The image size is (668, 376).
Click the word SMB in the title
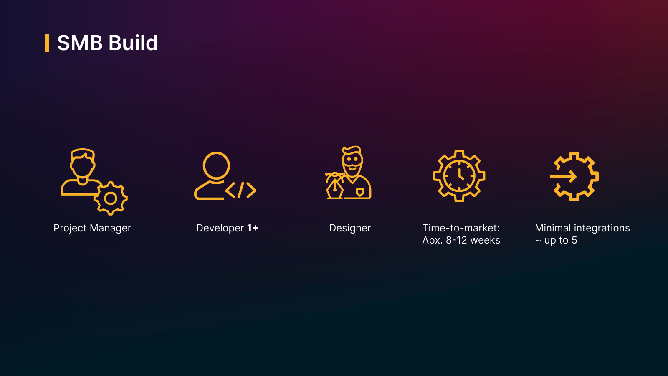[x=80, y=43]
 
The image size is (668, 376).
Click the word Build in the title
[x=133, y=43]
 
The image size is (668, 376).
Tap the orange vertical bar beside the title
[x=46, y=43]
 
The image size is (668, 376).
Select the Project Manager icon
[x=94, y=182]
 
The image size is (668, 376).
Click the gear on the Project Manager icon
[x=111, y=198]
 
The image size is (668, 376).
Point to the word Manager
[x=110, y=228]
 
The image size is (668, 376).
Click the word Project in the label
[x=71, y=229]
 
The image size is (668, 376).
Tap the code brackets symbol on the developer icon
[x=240, y=190]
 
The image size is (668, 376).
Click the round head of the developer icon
[x=216, y=165]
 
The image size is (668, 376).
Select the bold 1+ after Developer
[x=253, y=228]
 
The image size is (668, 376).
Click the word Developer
[x=220, y=229]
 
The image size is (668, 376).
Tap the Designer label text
[x=350, y=229]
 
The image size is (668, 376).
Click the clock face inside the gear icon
[x=459, y=176]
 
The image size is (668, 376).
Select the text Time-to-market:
[x=461, y=228]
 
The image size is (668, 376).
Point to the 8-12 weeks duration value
[x=473, y=241]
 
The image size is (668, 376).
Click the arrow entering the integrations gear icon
[x=563, y=176]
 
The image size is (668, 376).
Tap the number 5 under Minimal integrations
[x=574, y=241]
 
